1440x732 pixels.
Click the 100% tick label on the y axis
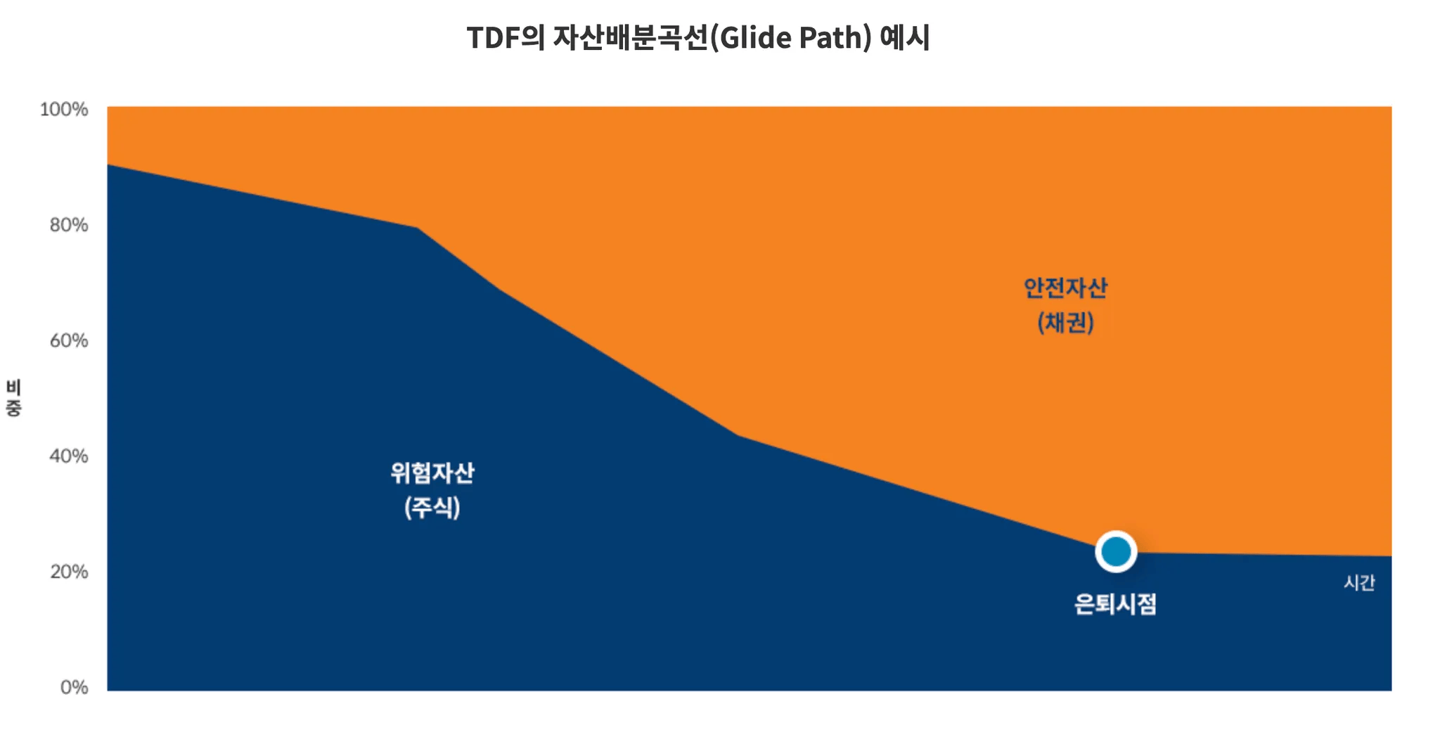tap(64, 109)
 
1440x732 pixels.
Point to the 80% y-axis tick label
tap(69, 225)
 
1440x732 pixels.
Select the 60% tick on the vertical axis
tap(69, 340)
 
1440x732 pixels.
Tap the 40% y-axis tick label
tap(69, 456)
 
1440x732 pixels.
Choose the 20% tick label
tap(69, 571)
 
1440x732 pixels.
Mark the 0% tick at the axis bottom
tap(74, 687)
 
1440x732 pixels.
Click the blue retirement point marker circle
tap(1116, 551)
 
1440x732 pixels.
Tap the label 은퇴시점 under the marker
tap(1115, 604)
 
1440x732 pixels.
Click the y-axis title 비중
tap(14, 398)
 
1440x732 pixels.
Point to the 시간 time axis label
tap(1359, 582)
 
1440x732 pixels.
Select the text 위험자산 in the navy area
tap(432, 473)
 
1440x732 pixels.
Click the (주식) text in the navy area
tap(432, 507)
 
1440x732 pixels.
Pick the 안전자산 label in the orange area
tap(1065, 288)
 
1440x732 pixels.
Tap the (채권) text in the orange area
tap(1065, 322)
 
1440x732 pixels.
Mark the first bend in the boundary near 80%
tap(417, 228)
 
